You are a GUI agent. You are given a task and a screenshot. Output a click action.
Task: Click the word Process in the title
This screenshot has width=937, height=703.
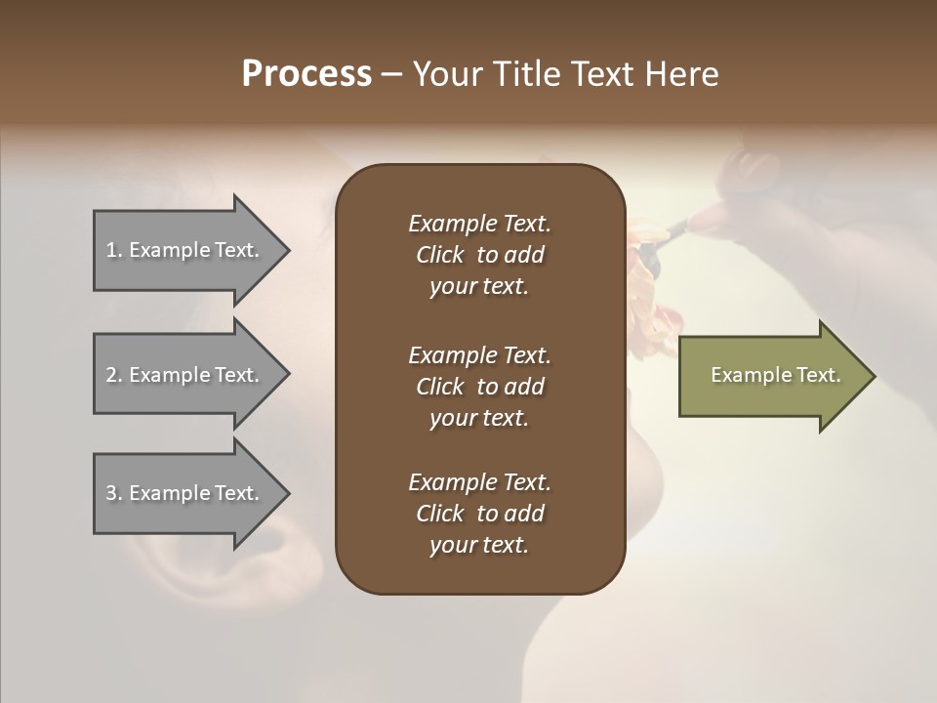(306, 74)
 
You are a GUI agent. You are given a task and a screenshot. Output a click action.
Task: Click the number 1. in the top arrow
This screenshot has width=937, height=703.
(114, 250)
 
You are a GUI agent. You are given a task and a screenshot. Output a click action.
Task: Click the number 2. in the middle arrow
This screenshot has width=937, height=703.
(114, 375)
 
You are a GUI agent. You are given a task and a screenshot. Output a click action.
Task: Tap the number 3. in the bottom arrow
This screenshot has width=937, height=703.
(114, 493)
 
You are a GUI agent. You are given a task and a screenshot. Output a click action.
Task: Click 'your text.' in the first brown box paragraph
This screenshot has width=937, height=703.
(479, 287)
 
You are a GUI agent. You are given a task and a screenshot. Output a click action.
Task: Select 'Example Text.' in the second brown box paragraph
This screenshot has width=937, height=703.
(479, 354)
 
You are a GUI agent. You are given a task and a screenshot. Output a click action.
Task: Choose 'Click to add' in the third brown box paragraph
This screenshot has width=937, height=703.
(479, 514)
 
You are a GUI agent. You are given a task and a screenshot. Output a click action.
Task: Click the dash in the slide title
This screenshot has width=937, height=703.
(391, 75)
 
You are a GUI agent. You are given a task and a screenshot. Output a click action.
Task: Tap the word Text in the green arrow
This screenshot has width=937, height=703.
(818, 375)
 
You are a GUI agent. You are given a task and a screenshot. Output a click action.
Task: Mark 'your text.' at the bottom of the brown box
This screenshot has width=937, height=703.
(479, 546)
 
